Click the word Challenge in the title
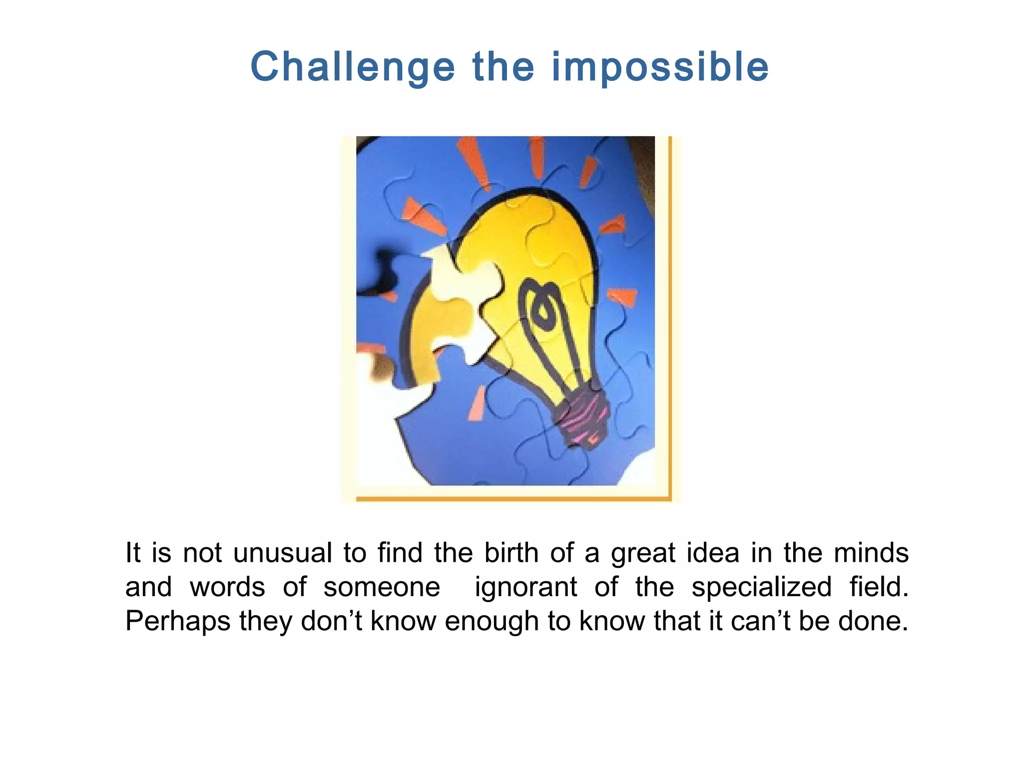click(353, 67)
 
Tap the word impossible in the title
click(660, 67)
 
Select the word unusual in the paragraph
click(283, 553)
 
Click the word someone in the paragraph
click(382, 587)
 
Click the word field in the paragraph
click(879, 587)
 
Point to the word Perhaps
click(177, 622)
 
